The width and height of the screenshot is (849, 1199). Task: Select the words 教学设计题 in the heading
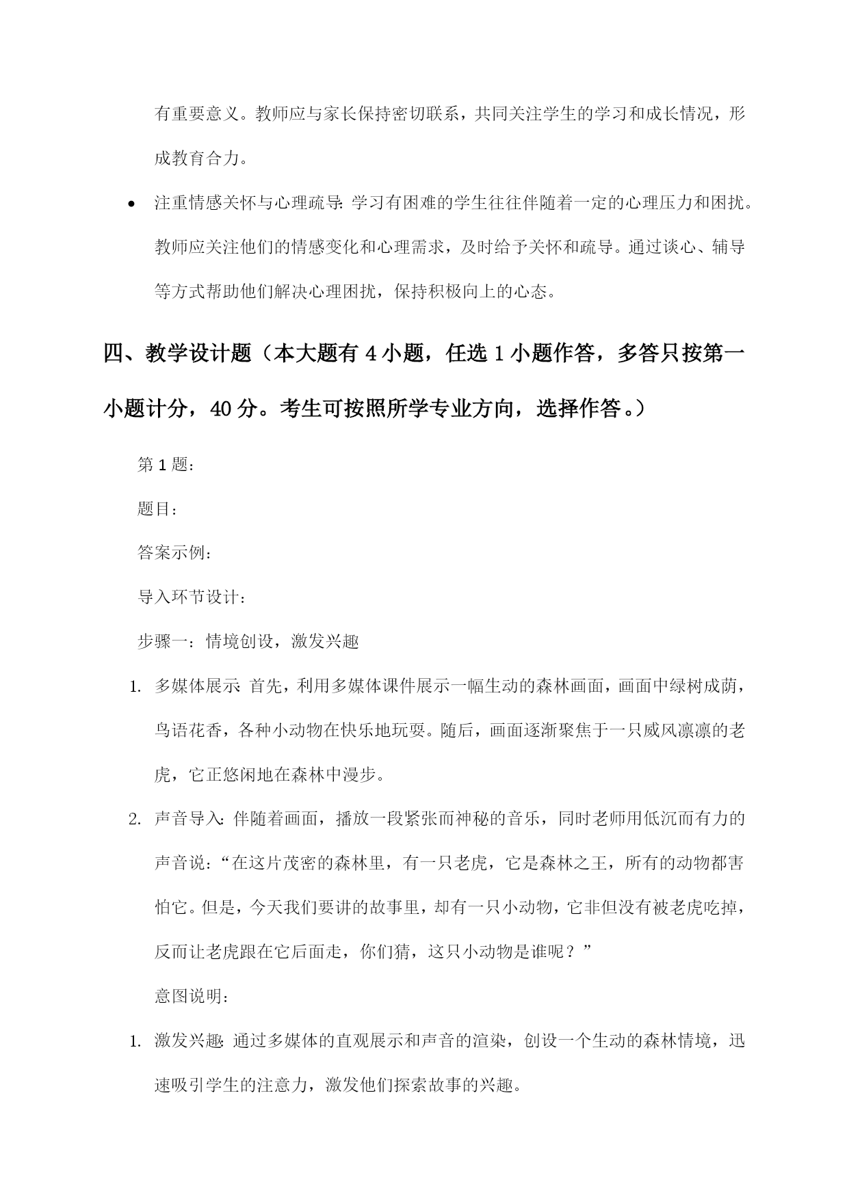pyautogui.click(x=198, y=354)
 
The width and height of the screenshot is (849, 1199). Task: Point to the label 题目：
pyautogui.click(x=157, y=509)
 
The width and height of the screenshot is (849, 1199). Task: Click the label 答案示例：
pyautogui.click(x=174, y=553)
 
